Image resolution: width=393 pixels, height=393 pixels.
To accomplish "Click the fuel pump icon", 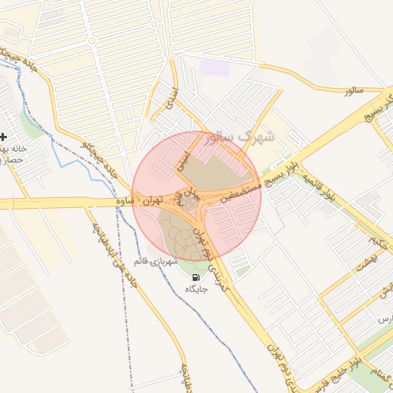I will click(x=196, y=277).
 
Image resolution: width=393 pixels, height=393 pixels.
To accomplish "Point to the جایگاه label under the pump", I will click(x=196, y=289).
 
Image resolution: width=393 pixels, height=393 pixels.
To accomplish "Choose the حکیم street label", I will click(x=374, y=245).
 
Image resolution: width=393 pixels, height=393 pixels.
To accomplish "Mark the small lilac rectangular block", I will click(x=214, y=66).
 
